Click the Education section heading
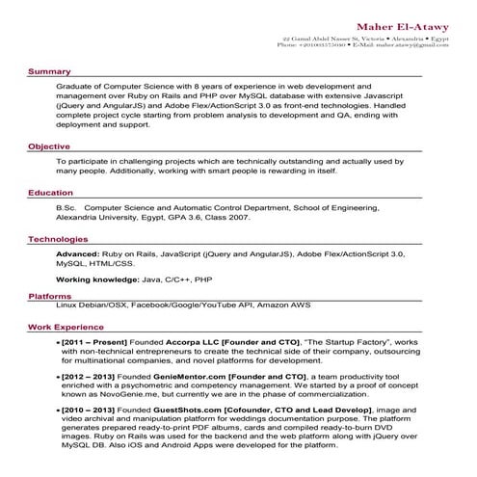point(50,193)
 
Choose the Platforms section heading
point(49,296)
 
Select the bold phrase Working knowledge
point(96,278)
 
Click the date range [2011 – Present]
point(94,342)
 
